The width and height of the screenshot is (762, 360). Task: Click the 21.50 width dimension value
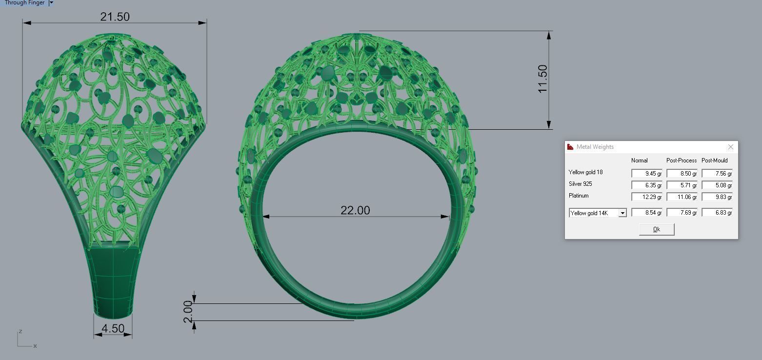(x=115, y=17)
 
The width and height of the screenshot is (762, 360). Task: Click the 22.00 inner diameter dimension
(x=355, y=210)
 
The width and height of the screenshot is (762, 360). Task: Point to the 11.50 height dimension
(x=542, y=79)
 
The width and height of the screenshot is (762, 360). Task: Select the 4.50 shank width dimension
(x=113, y=328)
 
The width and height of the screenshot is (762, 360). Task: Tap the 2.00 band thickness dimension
(x=188, y=312)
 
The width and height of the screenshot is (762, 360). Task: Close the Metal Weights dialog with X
(x=730, y=147)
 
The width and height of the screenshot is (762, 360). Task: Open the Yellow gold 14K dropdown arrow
(x=622, y=213)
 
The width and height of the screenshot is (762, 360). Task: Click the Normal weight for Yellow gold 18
(x=646, y=174)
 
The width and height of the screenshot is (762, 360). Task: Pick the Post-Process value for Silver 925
(x=682, y=185)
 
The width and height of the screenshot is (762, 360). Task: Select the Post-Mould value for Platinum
(x=717, y=197)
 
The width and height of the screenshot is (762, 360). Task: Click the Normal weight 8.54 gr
(x=646, y=213)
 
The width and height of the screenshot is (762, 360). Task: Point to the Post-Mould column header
(x=714, y=160)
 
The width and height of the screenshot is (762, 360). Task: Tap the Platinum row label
(x=579, y=196)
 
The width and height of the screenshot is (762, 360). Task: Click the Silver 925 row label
(x=581, y=184)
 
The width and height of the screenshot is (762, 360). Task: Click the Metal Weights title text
(x=595, y=147)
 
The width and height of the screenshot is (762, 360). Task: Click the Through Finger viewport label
(x=24, y=3)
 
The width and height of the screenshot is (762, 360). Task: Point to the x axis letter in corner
(x=35, y=346)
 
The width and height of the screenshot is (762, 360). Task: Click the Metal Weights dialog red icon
(x=570, y=147)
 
